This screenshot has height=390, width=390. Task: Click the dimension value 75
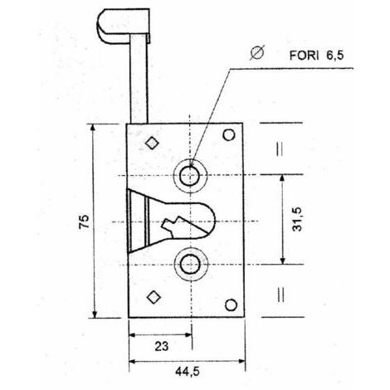coord(84,222)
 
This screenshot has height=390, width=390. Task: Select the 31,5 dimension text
coord(297,219)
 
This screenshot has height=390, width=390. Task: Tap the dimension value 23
coord(162,346)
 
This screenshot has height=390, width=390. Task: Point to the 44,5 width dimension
coord(188,372)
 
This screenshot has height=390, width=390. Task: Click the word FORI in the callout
coord(304,56)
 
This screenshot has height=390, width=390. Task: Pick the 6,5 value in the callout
coord(335,56)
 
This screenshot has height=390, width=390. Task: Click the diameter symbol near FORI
coord(257,52)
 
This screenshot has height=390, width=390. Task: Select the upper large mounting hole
coord(190,176)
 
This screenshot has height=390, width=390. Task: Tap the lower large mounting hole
coord(191,264)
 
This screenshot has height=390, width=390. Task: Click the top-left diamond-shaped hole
coord(152,143)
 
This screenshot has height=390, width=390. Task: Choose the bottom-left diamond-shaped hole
coord(154,297)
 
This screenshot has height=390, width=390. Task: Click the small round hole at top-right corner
coord(229,135)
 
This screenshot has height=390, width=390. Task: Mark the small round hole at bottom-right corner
coord(231,305)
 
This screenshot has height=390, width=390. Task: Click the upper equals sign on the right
coord(280,149)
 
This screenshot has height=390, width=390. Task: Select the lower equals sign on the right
coord(280,294)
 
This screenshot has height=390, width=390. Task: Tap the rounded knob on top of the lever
coord(124,26)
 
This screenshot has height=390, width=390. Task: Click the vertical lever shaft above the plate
coord(139,79)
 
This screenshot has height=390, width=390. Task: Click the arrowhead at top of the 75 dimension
coord(93,128)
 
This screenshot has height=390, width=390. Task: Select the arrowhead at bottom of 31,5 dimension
coord(282,261)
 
